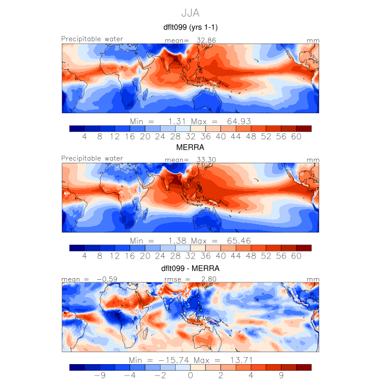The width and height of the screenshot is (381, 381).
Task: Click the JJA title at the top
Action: tap(190, 13)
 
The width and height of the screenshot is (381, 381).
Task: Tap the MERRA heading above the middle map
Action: tap(190, 148)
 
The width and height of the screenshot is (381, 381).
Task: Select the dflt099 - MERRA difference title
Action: tap(190, 268)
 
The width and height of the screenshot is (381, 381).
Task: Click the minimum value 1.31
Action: tap(176, 120)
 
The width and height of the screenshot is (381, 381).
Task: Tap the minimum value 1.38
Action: tap(176, 240)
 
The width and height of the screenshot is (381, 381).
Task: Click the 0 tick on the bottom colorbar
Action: tap(190, 375)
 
